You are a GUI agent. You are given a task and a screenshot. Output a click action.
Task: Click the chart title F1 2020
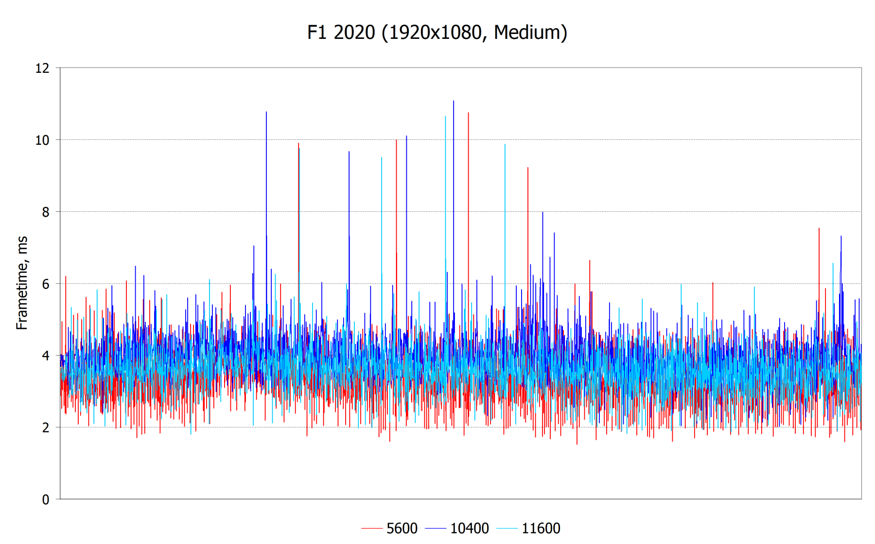(x=341, y=33)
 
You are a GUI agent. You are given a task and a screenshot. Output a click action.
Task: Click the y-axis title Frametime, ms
(x=22, y=283)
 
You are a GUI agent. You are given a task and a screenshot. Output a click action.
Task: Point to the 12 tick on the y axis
(x=42, y=68)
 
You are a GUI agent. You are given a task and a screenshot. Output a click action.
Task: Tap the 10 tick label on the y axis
(x=42, y=140)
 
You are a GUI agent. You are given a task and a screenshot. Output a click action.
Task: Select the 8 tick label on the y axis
(x=45, y=212)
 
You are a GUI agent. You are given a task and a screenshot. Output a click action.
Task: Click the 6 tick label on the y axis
(x=45, y=284)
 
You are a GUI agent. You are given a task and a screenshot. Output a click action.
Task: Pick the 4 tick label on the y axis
(x=45, y=356)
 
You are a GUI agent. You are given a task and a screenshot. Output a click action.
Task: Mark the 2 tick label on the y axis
(x=45, y=428)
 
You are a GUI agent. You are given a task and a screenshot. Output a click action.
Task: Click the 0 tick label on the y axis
(x=45, y=500)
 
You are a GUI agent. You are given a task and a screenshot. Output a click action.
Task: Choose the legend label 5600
(x=402, y=528)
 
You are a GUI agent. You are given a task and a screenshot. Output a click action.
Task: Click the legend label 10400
(x=469, y=528)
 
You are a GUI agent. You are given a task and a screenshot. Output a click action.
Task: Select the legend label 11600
(x=541, y=528)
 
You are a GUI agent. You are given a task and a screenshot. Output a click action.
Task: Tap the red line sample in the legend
(x=372, y=528)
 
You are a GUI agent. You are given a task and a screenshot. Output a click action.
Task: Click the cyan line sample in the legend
(x=507, y=528)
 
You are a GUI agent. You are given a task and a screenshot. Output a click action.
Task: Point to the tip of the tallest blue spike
(x=454, y=101)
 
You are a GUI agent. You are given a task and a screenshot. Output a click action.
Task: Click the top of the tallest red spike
(x=468, y=113)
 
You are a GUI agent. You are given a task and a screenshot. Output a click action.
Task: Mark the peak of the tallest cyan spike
(x=445, y=116)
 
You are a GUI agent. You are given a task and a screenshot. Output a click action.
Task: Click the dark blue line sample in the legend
(x=436, y=528)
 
